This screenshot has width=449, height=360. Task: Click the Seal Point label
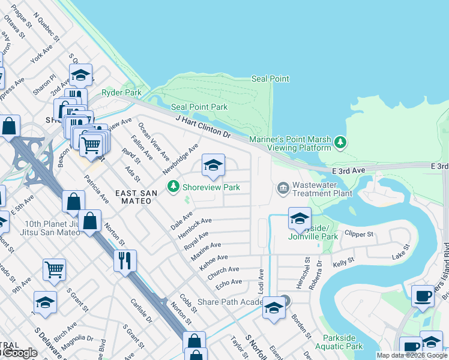click(270, 79)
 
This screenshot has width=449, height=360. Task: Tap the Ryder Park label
click(121, 93)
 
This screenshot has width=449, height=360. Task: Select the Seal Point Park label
click(199, 107)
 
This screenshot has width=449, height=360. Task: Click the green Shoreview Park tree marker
click(173, 187)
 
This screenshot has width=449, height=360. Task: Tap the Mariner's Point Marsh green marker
click(341, 142)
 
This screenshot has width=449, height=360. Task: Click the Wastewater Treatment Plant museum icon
click(283, 188)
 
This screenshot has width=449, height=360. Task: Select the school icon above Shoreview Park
click(213, 166)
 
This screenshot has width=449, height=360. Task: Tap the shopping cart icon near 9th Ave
click(54, 270)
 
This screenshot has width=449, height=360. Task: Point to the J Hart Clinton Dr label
click(203, 127)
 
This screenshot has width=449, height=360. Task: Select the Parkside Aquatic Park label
click(343, 342)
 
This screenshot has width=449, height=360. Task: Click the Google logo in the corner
click(19, 353)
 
